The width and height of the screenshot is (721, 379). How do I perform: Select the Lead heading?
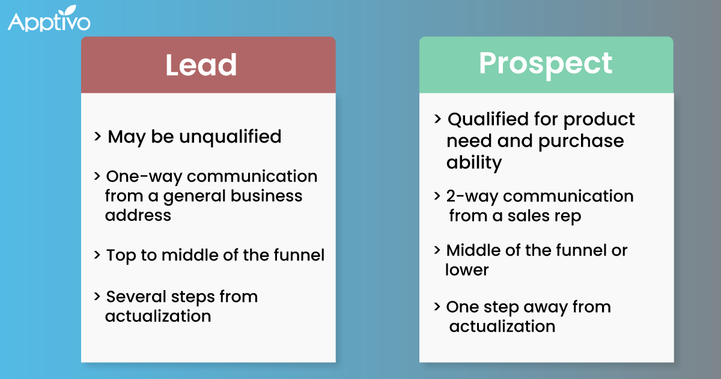coord(201,65)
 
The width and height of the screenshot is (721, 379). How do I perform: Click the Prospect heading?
coord(546,63)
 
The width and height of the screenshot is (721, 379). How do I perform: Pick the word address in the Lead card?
coord(138,215)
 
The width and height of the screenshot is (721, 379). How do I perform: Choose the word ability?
coord(474,162)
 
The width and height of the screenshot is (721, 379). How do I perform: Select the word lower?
coord(467,270)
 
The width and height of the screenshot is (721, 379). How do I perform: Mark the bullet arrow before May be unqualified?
coord(97,137)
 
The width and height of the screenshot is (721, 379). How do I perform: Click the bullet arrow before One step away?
coord(437,306)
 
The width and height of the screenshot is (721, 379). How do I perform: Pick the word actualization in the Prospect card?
coord(502,327)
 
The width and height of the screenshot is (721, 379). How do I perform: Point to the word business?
coord(264,196)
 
